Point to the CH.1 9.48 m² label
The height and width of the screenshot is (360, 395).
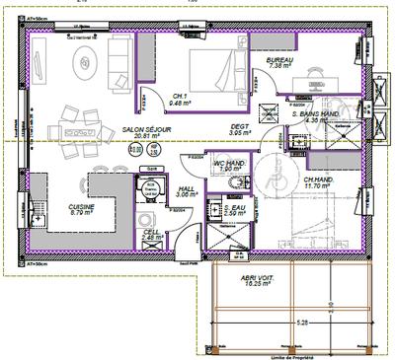pos(180,99)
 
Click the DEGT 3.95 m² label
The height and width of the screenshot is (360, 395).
pos(239,129)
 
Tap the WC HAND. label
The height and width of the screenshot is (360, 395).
pos(229,166)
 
